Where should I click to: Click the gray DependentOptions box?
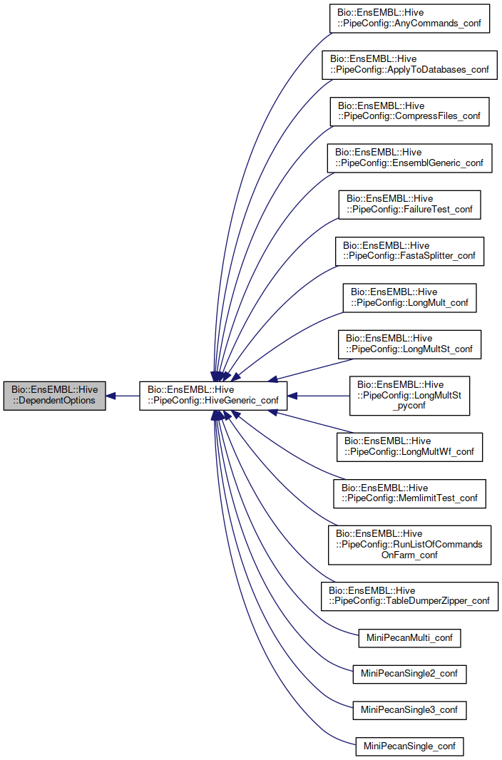pos(54,395)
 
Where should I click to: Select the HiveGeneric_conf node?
pos(212,395)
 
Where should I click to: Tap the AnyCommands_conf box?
pos(409,19)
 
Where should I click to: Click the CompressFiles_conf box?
pos(409,111)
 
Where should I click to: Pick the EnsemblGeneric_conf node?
pos(409,158)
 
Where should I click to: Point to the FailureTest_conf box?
pos(409,205)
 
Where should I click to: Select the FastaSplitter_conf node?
pos(409,251)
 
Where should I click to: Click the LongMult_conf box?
pos(409,297)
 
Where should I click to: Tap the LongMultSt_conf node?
pos(409,344)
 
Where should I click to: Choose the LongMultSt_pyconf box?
pos(409,396)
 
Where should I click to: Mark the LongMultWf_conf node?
pos(409,447)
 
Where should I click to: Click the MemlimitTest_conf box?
pos(409,493)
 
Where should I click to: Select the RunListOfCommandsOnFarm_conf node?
pos(409,545)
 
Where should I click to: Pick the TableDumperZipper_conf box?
pos(409,596)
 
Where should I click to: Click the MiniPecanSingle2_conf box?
pos(409,673)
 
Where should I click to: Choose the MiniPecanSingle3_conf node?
pos(409,710)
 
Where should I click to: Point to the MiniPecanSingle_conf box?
pos(409,747)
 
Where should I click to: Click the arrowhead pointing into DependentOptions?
pos(111,395)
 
